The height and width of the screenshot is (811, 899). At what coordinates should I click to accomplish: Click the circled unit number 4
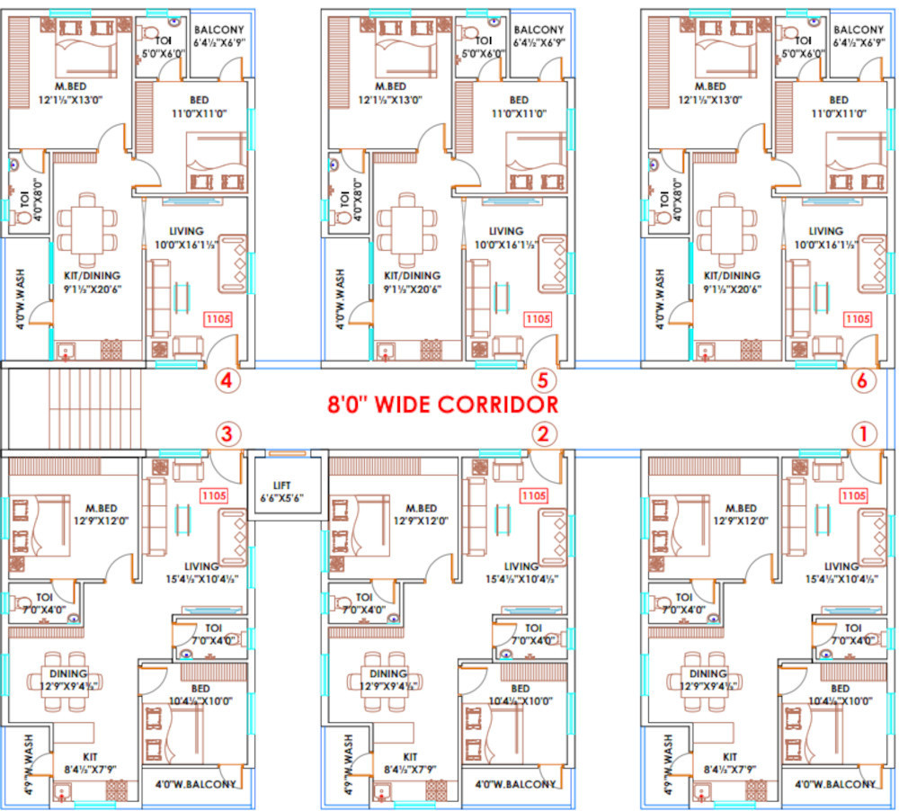[227, 380]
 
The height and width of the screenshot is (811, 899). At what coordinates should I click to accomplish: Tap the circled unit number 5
[540, 380]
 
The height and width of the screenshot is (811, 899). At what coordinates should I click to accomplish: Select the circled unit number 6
[862, 380]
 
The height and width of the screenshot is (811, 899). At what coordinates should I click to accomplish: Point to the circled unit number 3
[227, 435]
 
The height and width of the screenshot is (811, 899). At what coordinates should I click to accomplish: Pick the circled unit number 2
[541, 435]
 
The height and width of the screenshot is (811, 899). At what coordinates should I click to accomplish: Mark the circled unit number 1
[863, 435]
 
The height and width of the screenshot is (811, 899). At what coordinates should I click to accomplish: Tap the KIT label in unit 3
[88, 757]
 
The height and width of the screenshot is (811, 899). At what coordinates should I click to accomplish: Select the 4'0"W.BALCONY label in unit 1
[835, 784]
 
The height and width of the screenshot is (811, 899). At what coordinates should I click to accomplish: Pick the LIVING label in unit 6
[825, 231]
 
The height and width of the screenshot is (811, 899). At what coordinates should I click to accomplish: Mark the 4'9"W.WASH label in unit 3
[26, 760]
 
